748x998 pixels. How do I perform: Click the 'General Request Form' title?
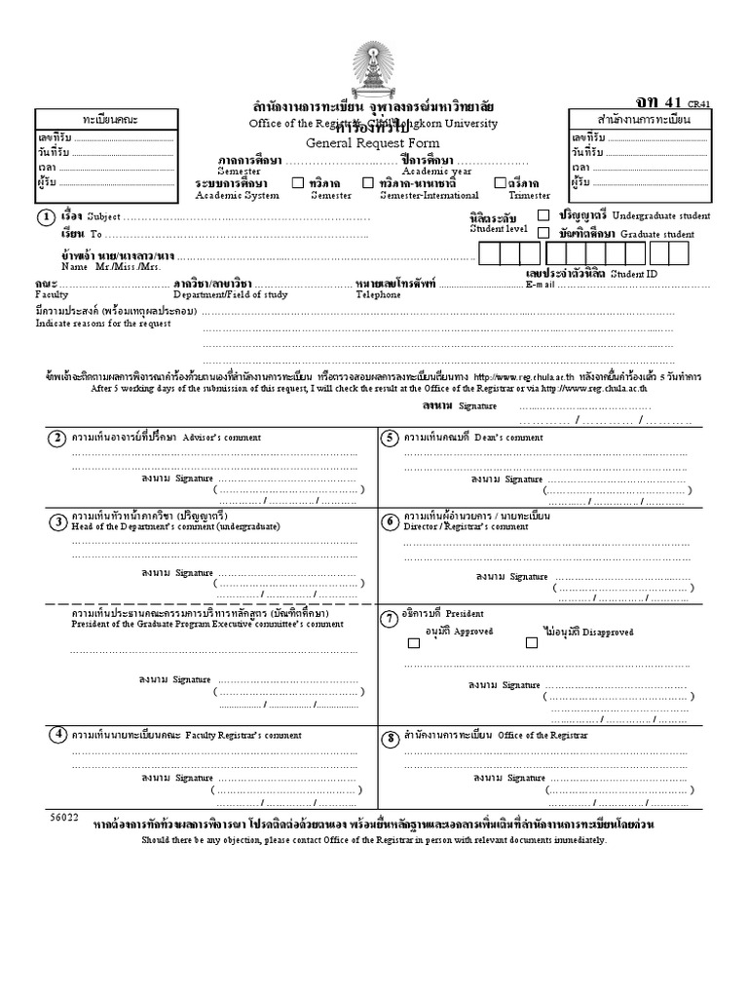tap(373, 142)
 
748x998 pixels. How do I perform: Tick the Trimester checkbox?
tap(501, 182)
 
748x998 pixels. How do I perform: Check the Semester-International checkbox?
tap(368, 182)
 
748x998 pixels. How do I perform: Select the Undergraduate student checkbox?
tap(542, 214)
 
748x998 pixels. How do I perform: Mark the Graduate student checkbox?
tap(542, 233)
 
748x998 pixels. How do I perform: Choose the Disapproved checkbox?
tap(532, 642)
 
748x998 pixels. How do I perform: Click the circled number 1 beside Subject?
tap(45, 216)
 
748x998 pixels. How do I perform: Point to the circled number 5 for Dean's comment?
tap(390, 438)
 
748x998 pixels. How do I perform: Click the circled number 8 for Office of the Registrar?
tap(390, 738)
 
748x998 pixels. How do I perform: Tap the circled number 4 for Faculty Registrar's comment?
tap(57, 734)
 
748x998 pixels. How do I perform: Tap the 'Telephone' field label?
tap(378, 294)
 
